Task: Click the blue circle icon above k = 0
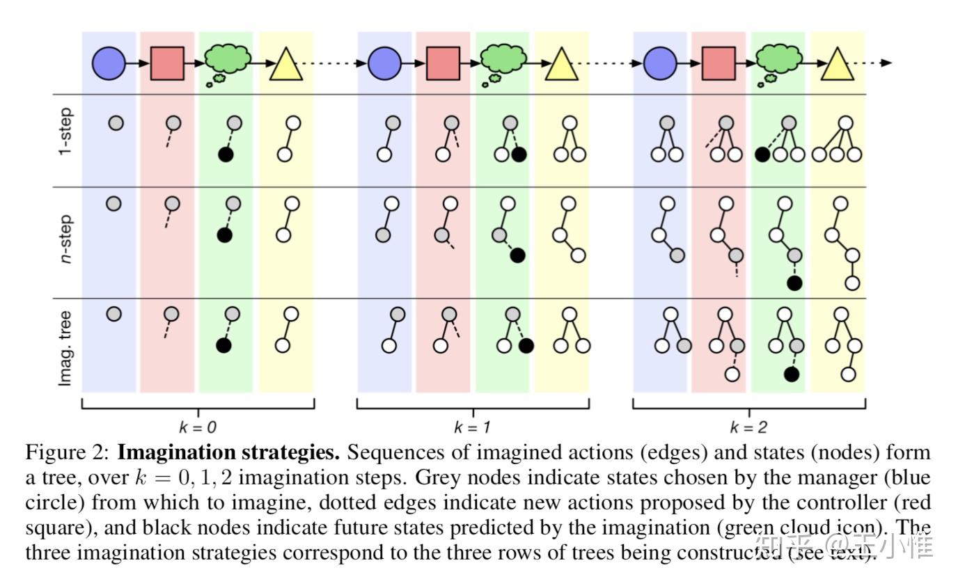point(109,63)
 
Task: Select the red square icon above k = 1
point(443,63)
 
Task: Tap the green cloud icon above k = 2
point(779,59)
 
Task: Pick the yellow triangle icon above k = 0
point(285,65)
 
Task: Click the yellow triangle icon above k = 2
point(837,65)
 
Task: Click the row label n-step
point(65,239)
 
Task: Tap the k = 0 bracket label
point(198,427)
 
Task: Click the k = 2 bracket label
point(748,427)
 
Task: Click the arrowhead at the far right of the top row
point(886,63)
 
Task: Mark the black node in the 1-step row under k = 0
point(225,155)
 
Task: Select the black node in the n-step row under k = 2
point(794,283)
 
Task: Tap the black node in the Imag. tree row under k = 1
point(526,345)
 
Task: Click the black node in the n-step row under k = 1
point(517,255)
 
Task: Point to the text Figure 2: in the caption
point(67,453)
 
